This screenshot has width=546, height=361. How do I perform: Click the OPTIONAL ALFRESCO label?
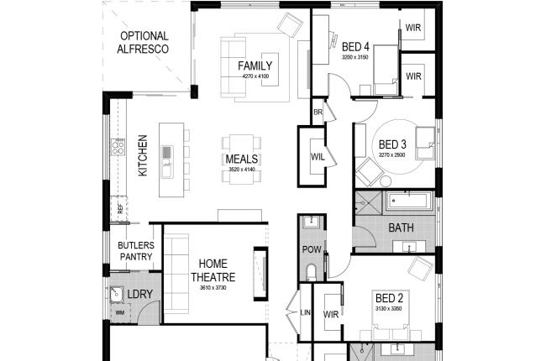point(144,43)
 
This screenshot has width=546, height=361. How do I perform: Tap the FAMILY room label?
point(255,65)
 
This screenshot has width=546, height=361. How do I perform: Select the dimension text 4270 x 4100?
point(255,76)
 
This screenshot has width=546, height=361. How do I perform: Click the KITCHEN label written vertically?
point(143,155)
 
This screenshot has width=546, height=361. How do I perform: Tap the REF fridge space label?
point(121,210)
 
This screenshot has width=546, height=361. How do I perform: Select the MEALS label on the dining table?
point(242,159)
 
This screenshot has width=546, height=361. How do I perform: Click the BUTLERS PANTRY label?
point(135,251)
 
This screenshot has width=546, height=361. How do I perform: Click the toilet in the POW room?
point(311,270)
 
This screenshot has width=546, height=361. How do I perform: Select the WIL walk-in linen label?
point(318,156)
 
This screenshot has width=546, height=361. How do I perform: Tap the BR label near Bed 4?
point(318,112)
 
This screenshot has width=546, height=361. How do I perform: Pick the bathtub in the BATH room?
point(407,202)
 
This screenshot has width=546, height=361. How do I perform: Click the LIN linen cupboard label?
point(305,314)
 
